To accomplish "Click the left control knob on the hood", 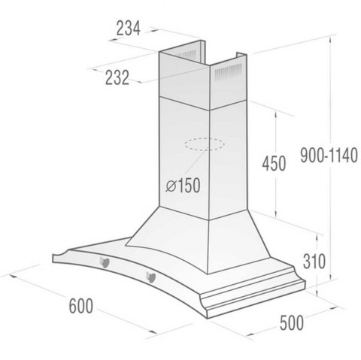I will coord(105,262).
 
